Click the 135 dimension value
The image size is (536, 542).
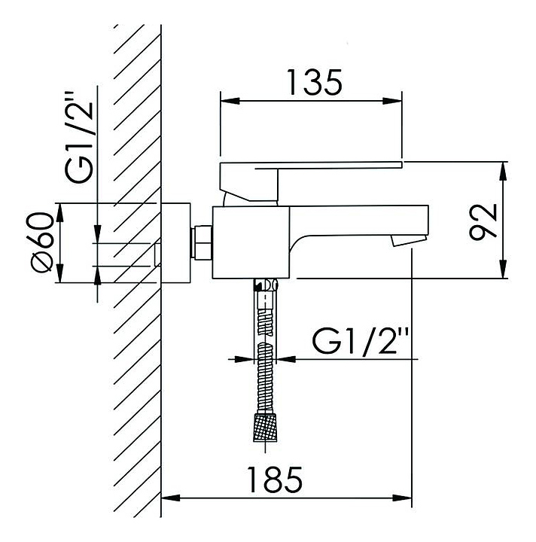pos(315,82)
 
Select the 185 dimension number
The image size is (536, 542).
pos(275,480)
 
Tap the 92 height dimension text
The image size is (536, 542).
pos(483,221)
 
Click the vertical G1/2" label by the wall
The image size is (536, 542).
pos(80,137)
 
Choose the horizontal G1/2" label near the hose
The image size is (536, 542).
pos(361,342)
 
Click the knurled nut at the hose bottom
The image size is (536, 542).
pos(265,427)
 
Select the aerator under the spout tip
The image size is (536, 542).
pos(409,241)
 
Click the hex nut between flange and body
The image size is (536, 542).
pos(203,242)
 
